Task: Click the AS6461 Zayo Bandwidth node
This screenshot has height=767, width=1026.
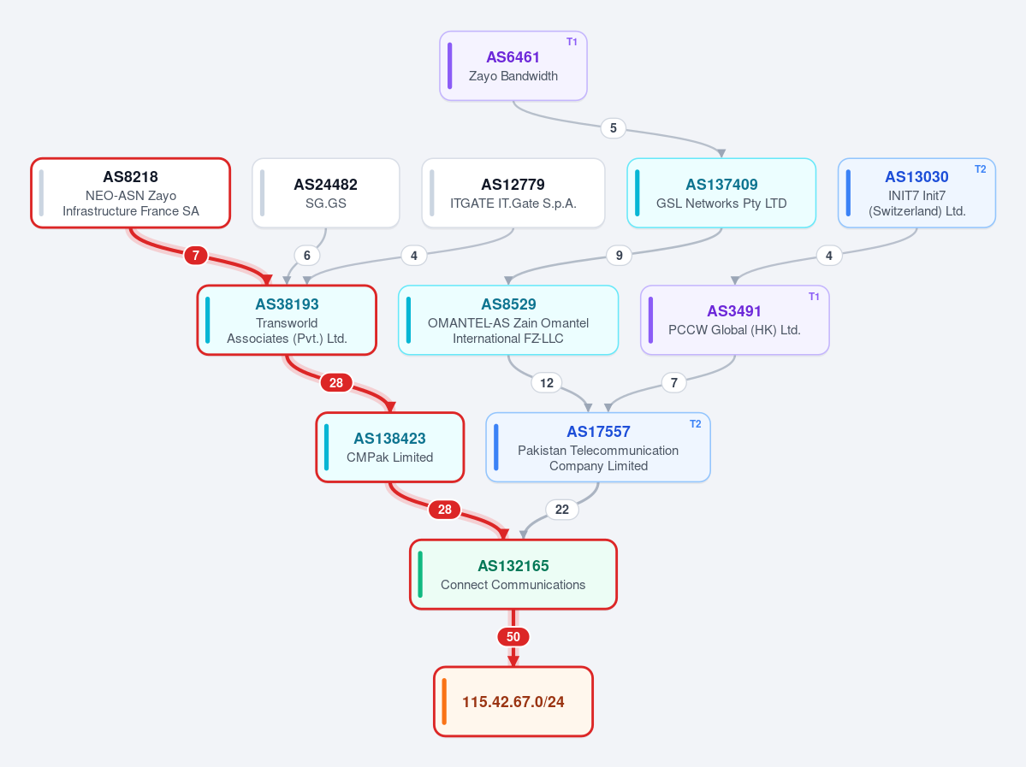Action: click(x=513, y=66)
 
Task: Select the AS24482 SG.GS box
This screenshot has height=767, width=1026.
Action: click(x=326, y=193)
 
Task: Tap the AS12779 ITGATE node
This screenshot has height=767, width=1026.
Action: click(x=513, y=193)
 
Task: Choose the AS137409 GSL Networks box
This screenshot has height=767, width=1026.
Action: click(x=721, y=193)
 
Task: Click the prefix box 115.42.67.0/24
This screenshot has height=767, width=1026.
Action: click(x=513, y=702)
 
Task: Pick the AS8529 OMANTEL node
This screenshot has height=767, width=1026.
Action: click(x=508, y=321)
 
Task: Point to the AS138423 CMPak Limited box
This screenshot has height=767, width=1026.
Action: click(x=390, y=447)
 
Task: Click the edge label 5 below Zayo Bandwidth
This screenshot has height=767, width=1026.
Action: click(x=613, y=128)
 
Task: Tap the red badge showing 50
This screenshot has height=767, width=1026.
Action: click(x=513, y=637)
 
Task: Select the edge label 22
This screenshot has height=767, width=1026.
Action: click(x=562, y=510)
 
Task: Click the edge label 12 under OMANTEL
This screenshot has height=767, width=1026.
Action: click(x=547, y=382)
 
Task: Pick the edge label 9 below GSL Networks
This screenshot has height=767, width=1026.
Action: click(x=619, y=255)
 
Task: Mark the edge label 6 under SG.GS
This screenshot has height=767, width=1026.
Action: click(x=307, y=255)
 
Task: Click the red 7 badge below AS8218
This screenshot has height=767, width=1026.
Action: click(x=196, y=255)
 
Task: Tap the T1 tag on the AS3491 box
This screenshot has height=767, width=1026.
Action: click(x=814, y=297)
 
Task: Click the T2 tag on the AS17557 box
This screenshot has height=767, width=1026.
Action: click(x=695, y=424)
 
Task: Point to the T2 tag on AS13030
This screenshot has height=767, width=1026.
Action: click(x=980, y=169)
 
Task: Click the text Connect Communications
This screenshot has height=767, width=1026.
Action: click(x=513, y=585)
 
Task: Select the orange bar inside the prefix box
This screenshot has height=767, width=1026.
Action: click(x=444, y=702)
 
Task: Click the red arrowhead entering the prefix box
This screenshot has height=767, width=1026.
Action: click(x=513, y=660)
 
